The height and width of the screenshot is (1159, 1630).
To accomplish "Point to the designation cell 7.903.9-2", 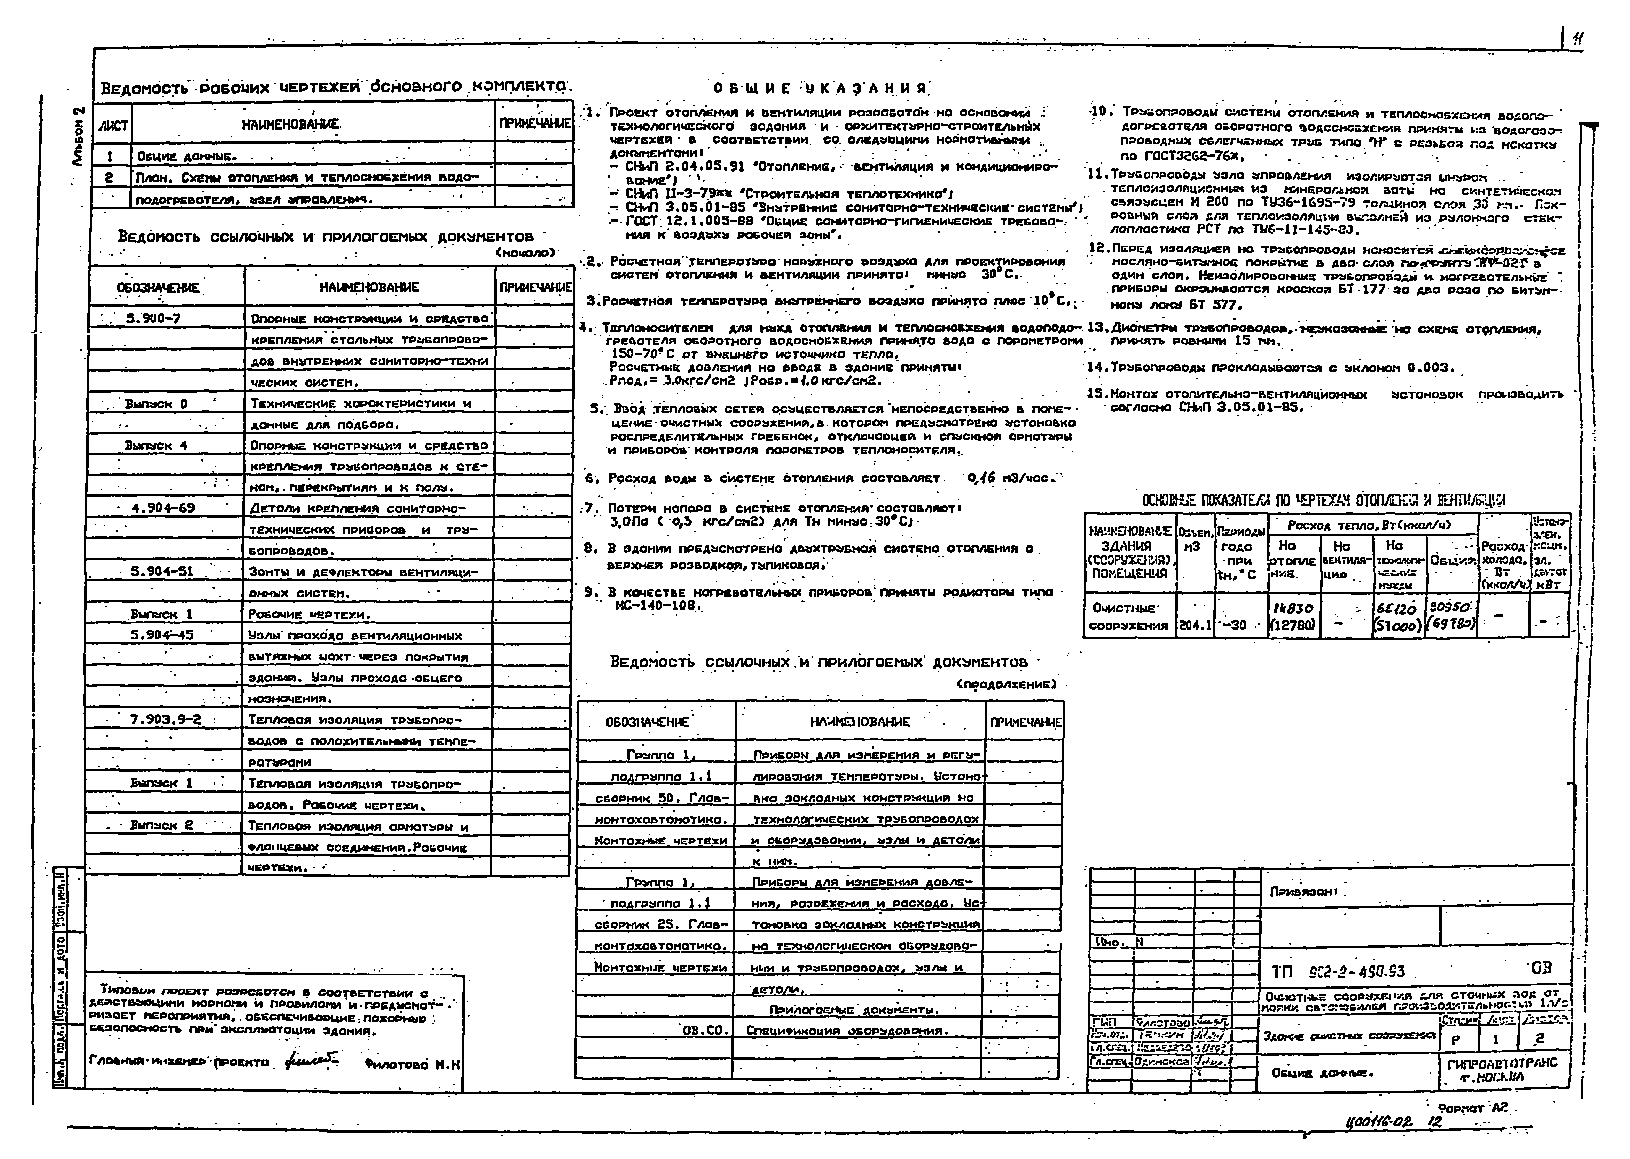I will coord(166,719).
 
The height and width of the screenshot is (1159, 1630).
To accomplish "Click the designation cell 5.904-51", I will coord(162,571).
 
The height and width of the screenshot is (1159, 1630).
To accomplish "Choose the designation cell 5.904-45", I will coord(162,634).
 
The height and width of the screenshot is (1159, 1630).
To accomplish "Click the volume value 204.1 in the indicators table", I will coord(1195,625).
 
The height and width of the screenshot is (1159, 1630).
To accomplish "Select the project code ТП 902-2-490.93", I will coord(1338,972).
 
